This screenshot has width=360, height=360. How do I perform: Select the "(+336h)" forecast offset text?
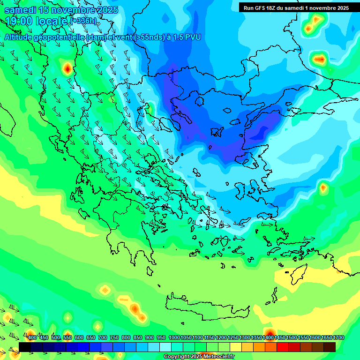pyautogui.click(x=84, y=21)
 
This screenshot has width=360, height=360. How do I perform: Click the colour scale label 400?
pyautogui.click(x=32, y=337)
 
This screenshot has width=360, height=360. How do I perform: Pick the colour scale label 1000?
pyautogui.click(x=174, y=337)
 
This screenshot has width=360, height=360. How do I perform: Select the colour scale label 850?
pyautogui.click(x=138, y=337)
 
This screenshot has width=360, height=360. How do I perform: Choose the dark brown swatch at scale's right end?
pyautogui.click(x=330, y=347)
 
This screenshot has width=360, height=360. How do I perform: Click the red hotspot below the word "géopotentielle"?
pyautogui.click(x=67, y=69)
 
